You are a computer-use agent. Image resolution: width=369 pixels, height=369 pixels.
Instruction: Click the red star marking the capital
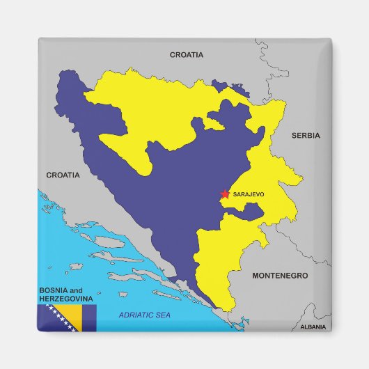point(225,195)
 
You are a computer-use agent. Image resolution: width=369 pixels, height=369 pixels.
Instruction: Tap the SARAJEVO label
point(249,194)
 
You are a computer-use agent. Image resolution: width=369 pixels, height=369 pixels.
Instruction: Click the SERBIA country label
point(306,136)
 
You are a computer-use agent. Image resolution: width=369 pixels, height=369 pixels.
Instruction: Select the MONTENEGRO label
point(279,276)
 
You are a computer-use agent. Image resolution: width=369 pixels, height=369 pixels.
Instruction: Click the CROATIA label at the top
point(187,54)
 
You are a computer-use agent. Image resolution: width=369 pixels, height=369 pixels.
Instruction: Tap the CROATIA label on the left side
point(63,175)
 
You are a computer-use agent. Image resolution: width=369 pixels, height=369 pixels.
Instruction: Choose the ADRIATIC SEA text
point(144,315)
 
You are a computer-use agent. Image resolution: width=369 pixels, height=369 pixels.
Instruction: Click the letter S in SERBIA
point(294,136)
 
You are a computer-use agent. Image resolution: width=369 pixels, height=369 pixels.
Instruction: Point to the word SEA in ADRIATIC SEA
point(162,315)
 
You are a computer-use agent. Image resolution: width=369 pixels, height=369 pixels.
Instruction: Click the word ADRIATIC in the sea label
point(136,315)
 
